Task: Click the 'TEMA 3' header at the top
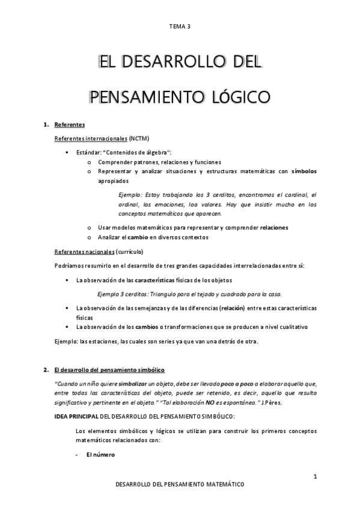180,26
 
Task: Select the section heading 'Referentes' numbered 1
69,126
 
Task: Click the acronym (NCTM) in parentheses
139,138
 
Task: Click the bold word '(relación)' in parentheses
232,308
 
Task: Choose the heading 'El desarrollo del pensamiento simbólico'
109,369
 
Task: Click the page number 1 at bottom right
315,476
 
